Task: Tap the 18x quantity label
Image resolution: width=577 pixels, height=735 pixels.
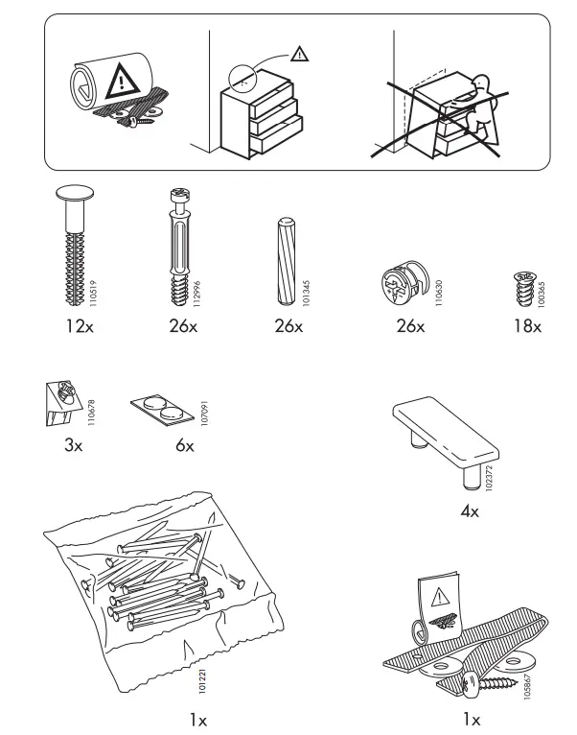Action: [526, 326]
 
